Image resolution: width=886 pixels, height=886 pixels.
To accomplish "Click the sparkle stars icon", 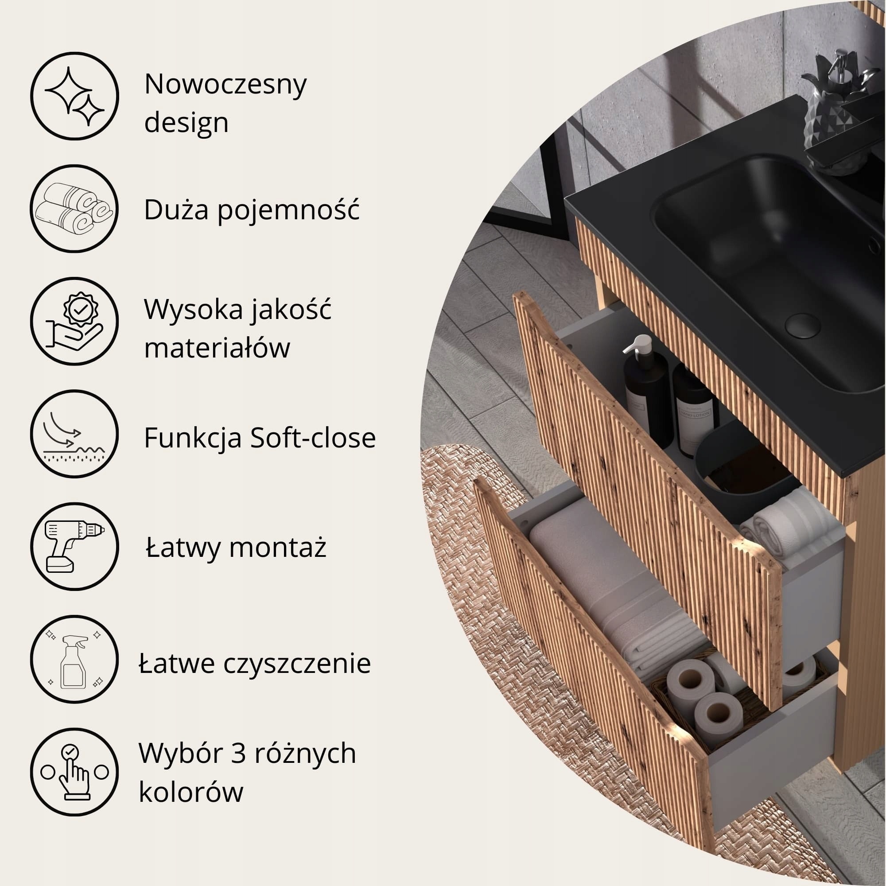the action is click(x=74, y=96).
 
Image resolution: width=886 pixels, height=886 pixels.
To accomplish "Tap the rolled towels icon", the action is click(x=74, y=209).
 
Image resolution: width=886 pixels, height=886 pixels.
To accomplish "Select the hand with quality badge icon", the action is click(x=74, y=321).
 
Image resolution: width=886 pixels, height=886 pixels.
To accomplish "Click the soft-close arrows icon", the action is click(x=74, y=434).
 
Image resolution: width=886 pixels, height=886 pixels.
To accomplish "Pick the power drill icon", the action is click(x=74, y=546).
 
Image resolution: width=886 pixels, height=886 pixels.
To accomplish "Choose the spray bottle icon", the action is click(x=74, y=659).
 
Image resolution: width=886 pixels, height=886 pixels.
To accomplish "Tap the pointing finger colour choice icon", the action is click(x=74, y=772).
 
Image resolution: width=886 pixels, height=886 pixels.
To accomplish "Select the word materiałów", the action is click(x=217, y=347).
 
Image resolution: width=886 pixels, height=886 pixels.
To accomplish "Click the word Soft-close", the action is click(x=313, y=438).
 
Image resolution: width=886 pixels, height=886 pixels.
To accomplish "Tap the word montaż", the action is click(x=277, y=548).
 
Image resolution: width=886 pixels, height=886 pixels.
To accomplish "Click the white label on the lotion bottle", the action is click(x=695, y=427).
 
